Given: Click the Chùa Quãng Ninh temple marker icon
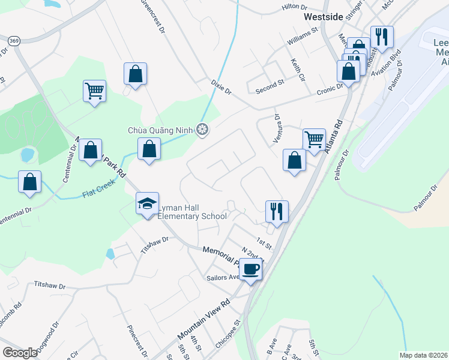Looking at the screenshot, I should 203,129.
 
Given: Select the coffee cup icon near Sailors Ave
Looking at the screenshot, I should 251,268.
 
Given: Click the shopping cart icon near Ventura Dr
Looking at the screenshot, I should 313,139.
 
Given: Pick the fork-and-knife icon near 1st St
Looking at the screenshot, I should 277,211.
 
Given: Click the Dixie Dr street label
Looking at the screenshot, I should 221,88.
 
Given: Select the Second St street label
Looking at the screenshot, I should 270,86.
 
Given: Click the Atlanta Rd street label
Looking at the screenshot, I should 334,137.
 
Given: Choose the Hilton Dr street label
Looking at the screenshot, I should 294,7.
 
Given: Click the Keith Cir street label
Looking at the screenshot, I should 298,67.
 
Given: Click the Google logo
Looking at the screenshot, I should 20,352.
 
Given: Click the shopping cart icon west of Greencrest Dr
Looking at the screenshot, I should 94,91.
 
